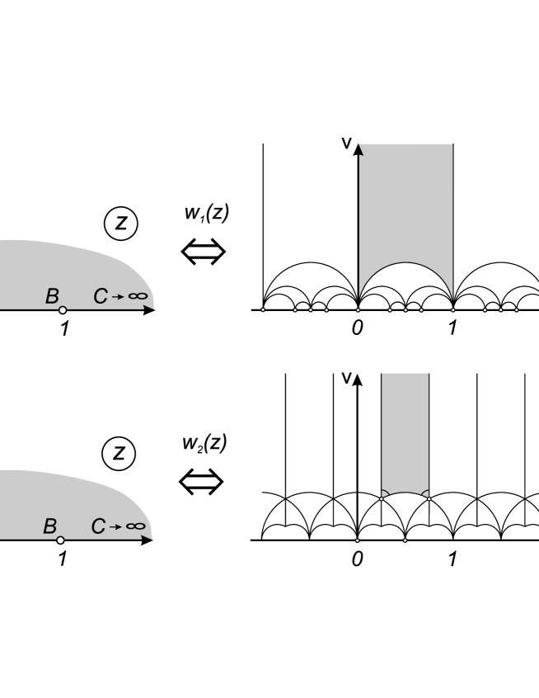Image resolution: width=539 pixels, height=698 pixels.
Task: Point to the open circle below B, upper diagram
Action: pos(62,311)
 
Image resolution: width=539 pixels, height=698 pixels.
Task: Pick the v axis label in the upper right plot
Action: pos(348,144)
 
